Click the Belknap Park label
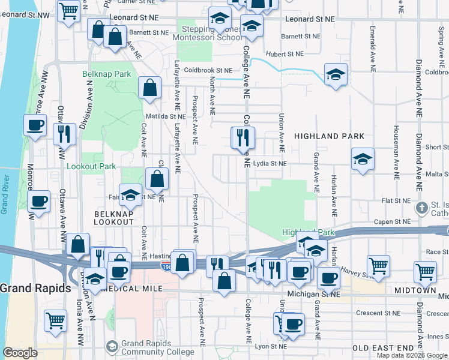(x=106, y=74)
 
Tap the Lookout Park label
(x=90, y=166)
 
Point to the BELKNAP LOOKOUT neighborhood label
(x=113, y=217)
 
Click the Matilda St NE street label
(x=165, y=116)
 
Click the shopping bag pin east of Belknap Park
(x=149, y=88)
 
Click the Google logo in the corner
(x=20, y=353)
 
